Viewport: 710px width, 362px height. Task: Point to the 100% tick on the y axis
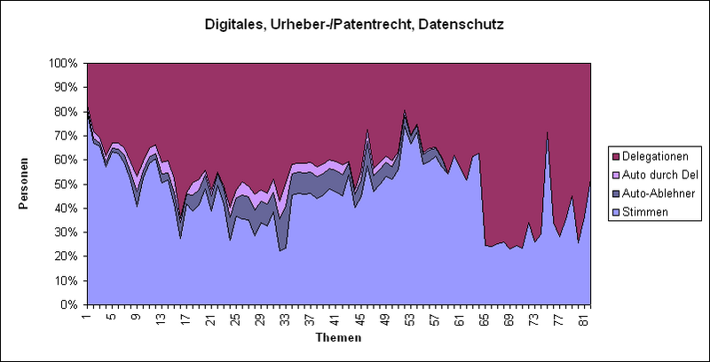point(66,64)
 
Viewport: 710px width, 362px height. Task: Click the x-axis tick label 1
point(87,320)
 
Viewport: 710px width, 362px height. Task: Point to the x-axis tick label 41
point(334,320)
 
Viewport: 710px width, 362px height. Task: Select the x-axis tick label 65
point(484,320)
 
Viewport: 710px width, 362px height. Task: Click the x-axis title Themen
point(338,338)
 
